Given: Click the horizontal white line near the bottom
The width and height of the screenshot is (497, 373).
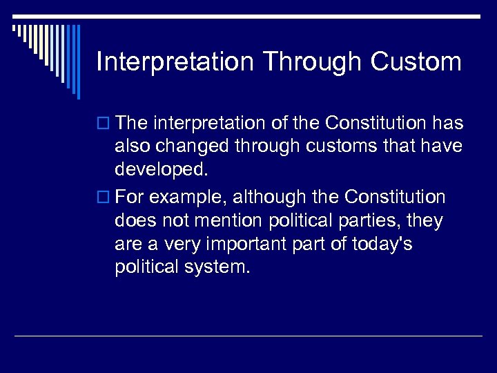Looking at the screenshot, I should (x=248, y=336).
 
